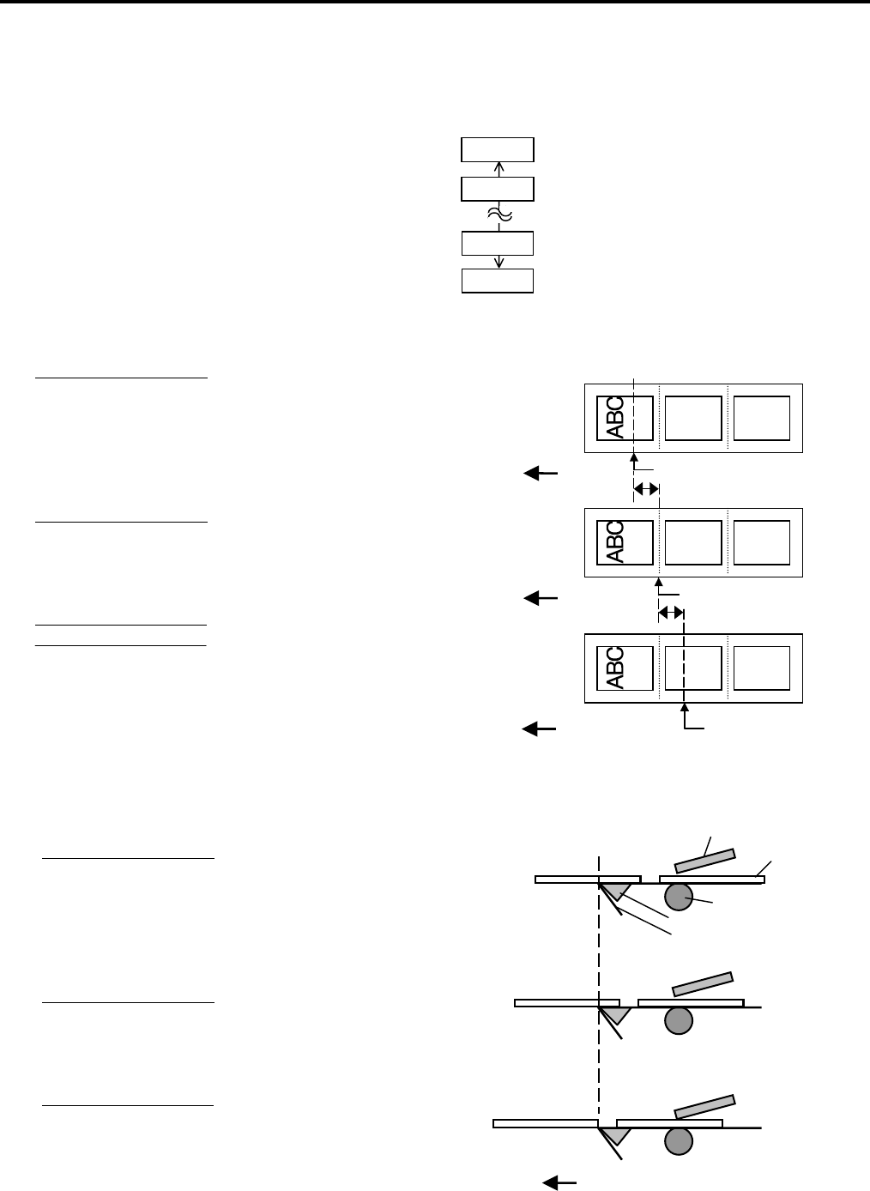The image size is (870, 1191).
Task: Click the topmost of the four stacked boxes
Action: (498, 149)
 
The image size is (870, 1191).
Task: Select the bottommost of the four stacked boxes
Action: (498, 281)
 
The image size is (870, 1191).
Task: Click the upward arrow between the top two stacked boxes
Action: (498, 169)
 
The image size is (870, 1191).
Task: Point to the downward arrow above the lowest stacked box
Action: (498, 261)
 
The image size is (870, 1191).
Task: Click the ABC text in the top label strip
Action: (614, 417)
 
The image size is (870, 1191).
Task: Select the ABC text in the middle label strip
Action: (614, 541)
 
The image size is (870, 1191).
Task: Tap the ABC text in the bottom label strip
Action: (614, 667)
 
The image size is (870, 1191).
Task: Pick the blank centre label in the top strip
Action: (693, 417)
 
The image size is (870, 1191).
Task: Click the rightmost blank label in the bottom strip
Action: (762, 668)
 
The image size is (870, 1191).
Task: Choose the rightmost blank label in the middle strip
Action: (762, 542)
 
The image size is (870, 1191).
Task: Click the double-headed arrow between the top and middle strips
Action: (646, 488)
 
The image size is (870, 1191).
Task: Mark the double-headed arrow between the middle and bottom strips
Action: (671, 613)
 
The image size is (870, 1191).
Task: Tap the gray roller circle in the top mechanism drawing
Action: (678, 898)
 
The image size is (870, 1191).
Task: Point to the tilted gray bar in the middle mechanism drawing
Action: (703, 983)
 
